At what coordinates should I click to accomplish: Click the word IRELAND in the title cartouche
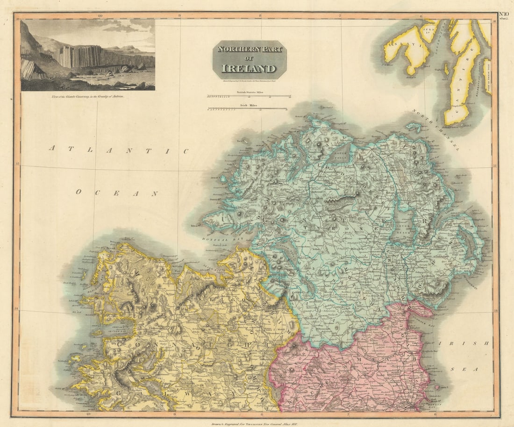coord(249,69)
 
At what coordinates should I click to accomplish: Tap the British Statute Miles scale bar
coord(248,96)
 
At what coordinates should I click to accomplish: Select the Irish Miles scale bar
coord(248,109)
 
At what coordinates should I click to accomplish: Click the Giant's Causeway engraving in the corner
coord(88,55)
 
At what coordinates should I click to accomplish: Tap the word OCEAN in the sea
coord(117,192)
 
